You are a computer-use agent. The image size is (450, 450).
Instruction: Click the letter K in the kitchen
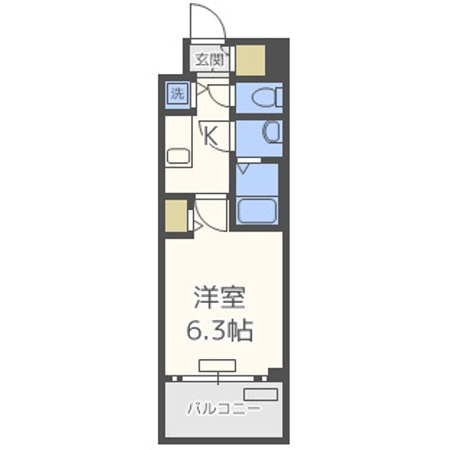pos(211,136)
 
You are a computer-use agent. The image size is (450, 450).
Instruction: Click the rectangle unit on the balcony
pos(260,394)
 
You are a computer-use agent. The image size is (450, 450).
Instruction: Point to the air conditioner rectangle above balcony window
pos(217,365)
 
